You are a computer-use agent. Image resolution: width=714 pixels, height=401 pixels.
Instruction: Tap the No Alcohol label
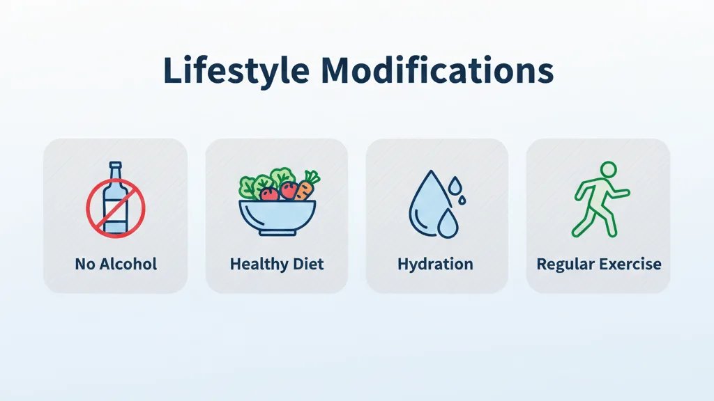tap(116, 264)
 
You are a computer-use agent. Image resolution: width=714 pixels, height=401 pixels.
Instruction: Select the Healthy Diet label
tap(277, 264)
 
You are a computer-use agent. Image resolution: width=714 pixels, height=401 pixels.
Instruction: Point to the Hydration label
tap(435, 264)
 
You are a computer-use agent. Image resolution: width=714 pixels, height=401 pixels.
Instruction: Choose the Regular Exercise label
tap(599, 264)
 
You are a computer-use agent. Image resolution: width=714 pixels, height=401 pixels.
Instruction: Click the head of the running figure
tap(608, 169)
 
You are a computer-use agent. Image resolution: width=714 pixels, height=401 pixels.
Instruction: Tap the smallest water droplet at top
tap(455, 184)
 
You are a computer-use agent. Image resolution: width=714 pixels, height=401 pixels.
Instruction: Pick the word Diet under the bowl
tap(308, 264)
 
